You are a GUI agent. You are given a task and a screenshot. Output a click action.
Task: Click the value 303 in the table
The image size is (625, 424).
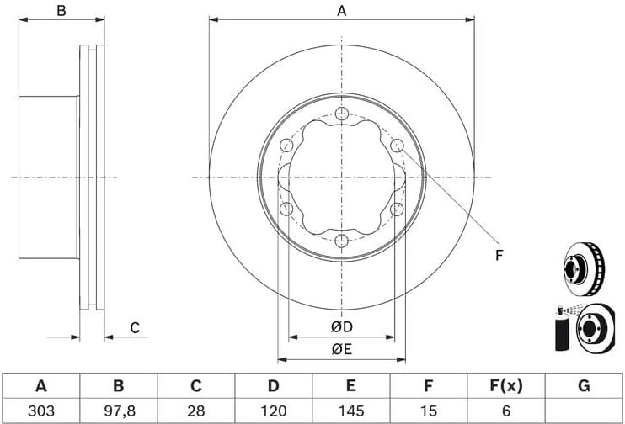tap(40, 411)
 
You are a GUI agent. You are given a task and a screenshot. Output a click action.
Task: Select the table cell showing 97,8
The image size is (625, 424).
tap(118, 411)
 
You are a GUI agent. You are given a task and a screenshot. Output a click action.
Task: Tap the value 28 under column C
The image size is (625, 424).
tap(195, 411)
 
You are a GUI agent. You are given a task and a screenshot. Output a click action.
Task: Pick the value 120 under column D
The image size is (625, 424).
tap(273, 411)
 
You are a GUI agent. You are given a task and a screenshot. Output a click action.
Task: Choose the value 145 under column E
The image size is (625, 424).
tap(350, 411)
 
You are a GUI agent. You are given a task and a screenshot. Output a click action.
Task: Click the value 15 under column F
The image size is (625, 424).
tap(428, 411)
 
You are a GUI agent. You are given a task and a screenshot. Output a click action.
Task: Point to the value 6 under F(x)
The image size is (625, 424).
tap(505, 411)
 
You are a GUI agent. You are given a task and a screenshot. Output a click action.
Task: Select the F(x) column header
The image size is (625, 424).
tap(505, 386)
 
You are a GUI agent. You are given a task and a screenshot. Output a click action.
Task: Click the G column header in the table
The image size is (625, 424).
tap(584, 386)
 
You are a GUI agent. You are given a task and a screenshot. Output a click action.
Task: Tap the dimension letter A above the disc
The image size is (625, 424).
tap(341, 10)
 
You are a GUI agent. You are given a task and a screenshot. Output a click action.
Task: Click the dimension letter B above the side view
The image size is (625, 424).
tap(61, 10)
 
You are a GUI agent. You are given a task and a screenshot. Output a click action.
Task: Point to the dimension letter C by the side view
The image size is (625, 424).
tap(134, 328)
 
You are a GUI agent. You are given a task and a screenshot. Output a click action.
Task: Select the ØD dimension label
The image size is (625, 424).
tap(341, 326)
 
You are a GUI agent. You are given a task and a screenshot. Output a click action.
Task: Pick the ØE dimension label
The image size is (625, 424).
tap(341, 348)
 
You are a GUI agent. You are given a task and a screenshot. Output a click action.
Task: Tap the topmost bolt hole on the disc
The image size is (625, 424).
tap(341, 114)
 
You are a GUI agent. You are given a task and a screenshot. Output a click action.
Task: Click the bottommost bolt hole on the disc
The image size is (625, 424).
tap(341, 241)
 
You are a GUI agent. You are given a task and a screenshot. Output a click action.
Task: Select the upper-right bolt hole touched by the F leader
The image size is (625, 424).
tap(397, 146)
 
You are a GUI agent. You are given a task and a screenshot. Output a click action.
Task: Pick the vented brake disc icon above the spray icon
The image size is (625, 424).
tap(583, 267)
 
